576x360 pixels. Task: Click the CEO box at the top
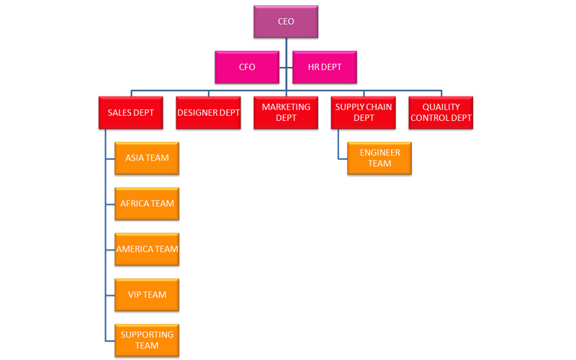286,22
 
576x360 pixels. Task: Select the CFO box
247,67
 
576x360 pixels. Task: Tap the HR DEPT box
325,67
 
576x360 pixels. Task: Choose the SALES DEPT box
130,113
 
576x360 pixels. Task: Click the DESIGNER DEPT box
208,113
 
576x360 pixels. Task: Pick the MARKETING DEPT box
286,113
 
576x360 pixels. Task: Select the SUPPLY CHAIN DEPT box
364,113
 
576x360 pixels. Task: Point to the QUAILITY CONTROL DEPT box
441,113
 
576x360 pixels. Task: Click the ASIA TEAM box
147,158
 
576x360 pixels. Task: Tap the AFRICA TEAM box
147,204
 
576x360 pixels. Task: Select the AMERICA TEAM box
147,249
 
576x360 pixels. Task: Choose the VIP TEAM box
147,294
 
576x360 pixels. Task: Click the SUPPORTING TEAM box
147,341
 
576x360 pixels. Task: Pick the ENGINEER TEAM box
379,158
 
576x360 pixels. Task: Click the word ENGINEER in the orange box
379,153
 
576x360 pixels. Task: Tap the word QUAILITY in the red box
441,107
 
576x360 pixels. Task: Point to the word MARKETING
286,107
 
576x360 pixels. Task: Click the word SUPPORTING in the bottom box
147,335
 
